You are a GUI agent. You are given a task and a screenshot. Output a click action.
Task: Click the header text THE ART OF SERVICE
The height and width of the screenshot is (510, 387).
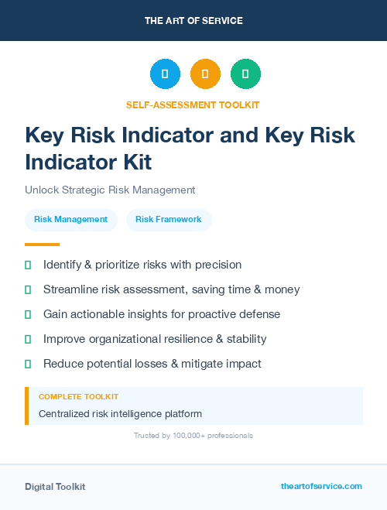click(193, 21)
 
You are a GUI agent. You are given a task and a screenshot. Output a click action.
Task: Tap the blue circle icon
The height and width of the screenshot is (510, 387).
click(165, 74)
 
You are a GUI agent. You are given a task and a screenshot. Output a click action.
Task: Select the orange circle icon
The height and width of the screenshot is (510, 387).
click(205, 74)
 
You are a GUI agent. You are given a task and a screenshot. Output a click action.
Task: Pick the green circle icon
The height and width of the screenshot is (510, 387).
click(245, 74)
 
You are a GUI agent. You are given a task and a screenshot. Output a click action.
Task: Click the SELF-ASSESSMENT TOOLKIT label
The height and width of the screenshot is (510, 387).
click(193, 104)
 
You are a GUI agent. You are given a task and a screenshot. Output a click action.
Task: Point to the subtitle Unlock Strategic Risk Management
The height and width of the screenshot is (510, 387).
click(110, 190)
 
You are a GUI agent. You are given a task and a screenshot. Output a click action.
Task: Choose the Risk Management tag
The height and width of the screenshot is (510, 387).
click(71, 220)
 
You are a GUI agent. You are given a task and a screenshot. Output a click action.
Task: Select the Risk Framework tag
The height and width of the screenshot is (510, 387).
click(168, 220)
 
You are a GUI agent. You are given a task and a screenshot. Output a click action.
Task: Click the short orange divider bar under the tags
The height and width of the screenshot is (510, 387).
click(37, 245)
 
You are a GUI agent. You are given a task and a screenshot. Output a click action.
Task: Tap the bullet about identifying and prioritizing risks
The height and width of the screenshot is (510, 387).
click(142, 265)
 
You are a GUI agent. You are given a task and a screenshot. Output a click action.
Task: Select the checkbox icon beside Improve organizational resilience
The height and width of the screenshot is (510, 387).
click(28, 339)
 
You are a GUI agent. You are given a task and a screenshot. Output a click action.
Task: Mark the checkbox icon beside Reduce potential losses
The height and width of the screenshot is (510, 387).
click(28, 364)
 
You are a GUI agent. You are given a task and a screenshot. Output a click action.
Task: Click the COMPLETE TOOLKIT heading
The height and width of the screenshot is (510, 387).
click(78, 396)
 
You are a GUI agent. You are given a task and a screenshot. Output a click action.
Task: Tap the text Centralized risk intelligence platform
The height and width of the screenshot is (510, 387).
click(120, 414)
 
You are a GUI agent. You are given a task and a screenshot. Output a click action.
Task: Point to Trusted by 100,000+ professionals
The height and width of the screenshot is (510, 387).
click(193, 436)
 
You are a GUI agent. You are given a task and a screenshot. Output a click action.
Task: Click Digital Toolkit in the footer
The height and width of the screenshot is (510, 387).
click(55, 487)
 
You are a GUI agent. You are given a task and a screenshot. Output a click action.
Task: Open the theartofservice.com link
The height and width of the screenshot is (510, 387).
click(321, 486)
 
